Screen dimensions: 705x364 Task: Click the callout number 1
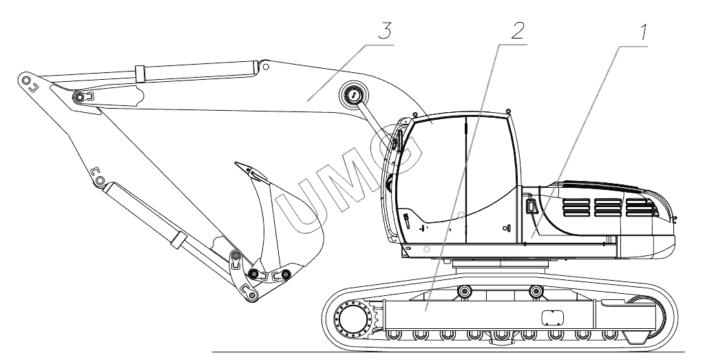click(x=643, y=32)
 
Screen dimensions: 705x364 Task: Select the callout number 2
click(x=517, y=30)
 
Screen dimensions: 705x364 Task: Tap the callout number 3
click(x=384, y=31)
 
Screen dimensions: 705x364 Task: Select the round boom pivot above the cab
click(x=354, y=96)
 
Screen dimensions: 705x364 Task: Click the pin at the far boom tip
click(x=26, y=81)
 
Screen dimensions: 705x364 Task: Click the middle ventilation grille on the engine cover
click(x=608, y=207)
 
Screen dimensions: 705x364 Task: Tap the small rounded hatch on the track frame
click(x=552, y=318)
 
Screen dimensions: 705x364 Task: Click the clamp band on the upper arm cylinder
click(x=140, y=74)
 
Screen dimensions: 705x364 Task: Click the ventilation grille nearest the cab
click(x=576, y=207)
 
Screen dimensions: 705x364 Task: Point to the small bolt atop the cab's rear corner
click(x=507, y=111)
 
